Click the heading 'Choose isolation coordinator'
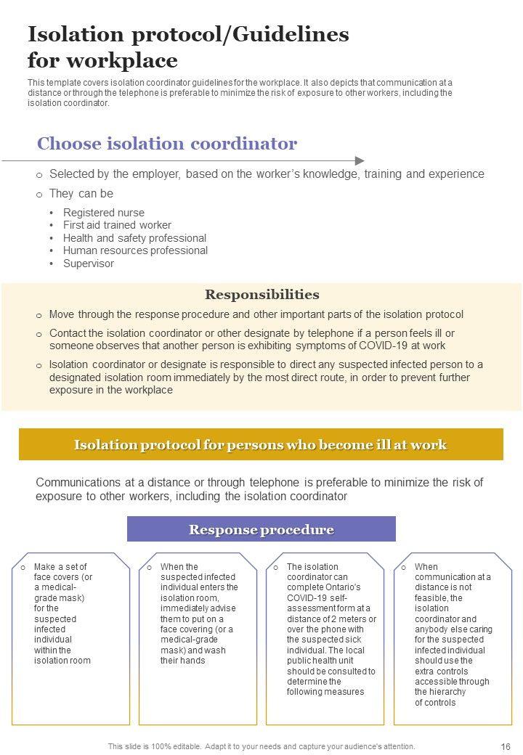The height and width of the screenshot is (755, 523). [167, 143]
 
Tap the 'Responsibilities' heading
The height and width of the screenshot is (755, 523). [261, 294]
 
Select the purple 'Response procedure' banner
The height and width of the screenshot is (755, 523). [261, 529]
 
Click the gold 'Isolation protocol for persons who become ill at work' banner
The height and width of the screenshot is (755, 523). [261, 444]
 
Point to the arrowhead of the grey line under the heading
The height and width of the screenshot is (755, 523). [360, 160]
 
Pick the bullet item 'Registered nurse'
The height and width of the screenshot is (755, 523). [104, 213]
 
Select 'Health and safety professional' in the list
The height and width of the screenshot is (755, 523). [134, 238]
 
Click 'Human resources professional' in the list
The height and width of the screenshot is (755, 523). [135, 250]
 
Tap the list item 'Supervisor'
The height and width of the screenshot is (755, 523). [89, 264]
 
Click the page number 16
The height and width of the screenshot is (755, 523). [506, 746]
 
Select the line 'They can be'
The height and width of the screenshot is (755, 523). [81, 194]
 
